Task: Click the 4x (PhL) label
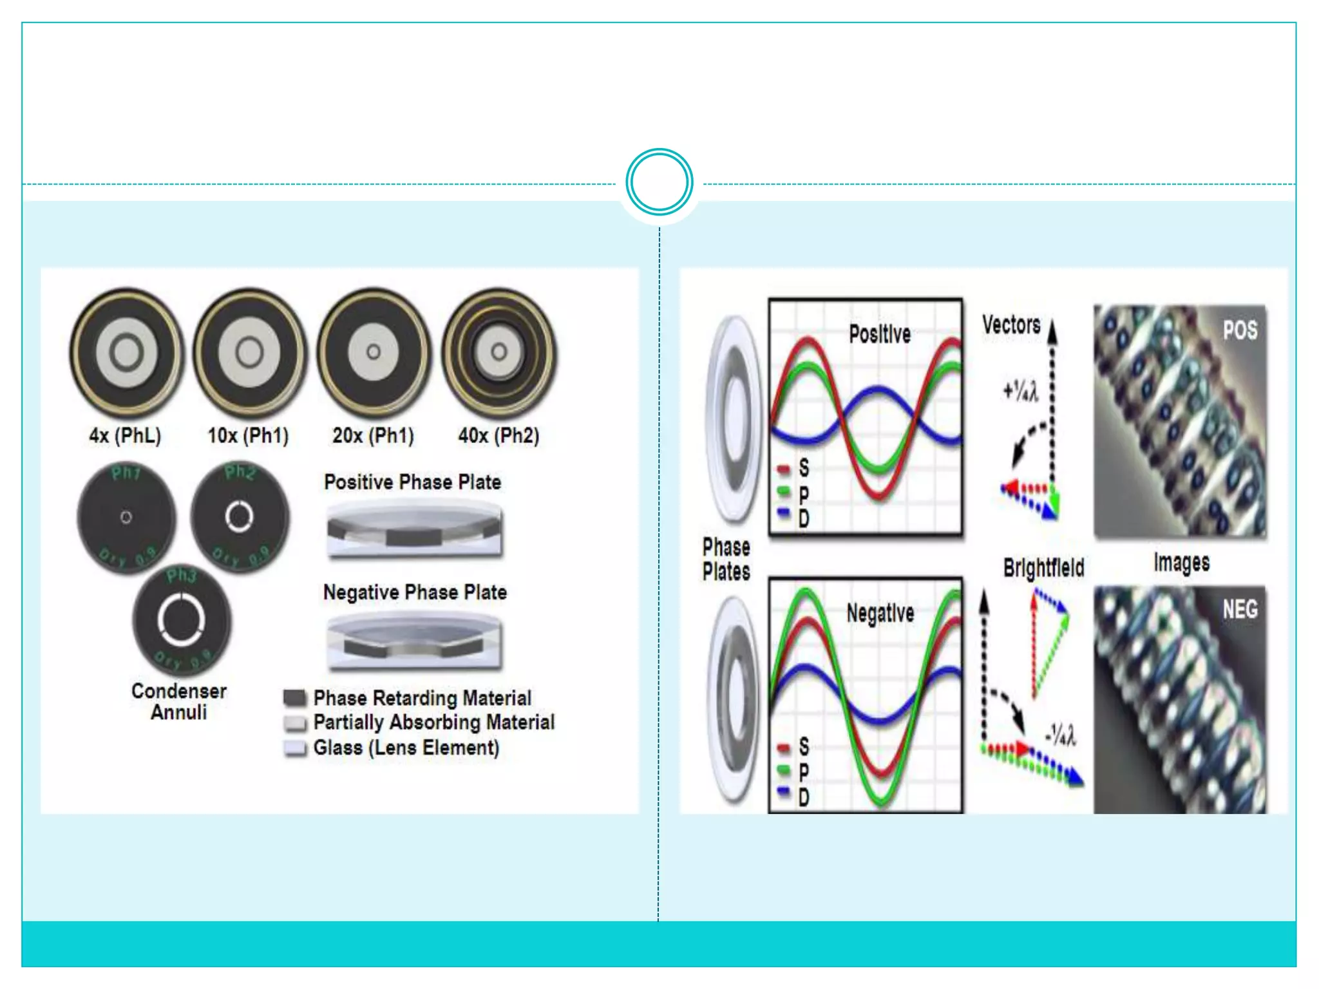click(x=125, y=436)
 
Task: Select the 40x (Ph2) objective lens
click(x=498, y=352)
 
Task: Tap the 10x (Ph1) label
click(x=248, y=436)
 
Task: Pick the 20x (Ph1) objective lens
click(x=374, y=352)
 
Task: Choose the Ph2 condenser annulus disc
click(x=240, y=516)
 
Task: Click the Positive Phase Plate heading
click(x=412, y=482)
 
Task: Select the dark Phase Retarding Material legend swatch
click(x=295, y=698)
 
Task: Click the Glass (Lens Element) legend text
click(x=406, y=748)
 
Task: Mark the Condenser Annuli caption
click(x=179, y=702)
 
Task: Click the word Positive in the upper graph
click(x=880, y=334)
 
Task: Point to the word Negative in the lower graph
click(x=880, y=613)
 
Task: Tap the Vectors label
click(x=1011, y=325)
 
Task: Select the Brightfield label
click(x=1043, y=568)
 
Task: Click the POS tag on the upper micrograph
click(x=1240, y=330)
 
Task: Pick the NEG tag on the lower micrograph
click(x=1240, y=609)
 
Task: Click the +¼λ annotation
click(x=1021, y=391)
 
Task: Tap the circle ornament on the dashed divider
click(x=659, y=182)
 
